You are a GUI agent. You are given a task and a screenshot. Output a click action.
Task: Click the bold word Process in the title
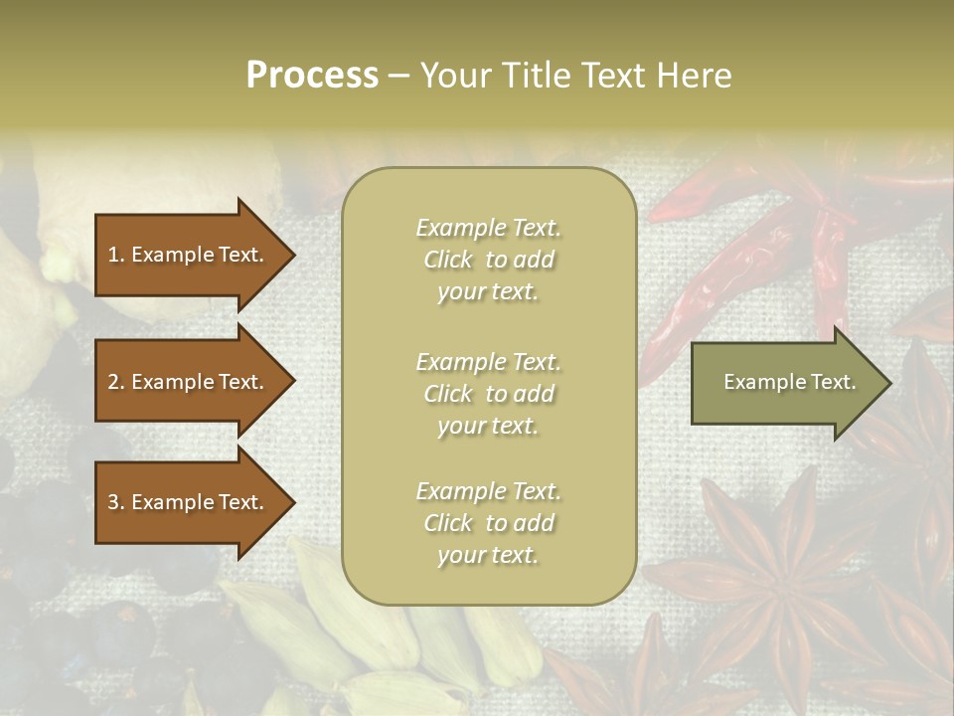312,76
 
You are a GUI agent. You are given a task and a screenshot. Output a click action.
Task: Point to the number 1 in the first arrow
113,255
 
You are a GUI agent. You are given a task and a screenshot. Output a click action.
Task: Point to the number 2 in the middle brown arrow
113,382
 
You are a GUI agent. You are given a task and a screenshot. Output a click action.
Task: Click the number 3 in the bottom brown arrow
113,502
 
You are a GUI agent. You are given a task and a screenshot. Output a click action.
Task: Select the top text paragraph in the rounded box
488,260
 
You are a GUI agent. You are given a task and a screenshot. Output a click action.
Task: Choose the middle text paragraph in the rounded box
488,394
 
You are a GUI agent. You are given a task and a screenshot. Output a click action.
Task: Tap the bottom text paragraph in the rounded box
488,523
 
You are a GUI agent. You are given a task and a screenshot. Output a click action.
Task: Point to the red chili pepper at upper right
735,259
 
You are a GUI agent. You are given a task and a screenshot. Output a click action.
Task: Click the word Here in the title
697,76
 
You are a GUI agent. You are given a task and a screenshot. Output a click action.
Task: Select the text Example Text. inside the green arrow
790,382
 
